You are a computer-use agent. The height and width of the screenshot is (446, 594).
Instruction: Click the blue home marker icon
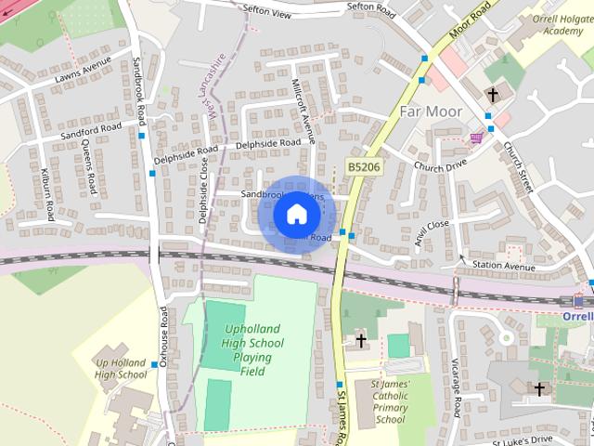[296, 215]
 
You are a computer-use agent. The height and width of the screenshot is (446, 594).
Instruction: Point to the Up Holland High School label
[122, 368]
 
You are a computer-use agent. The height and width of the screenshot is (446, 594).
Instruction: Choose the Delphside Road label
[268, 144]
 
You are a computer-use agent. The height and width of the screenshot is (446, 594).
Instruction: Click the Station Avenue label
[504, 267]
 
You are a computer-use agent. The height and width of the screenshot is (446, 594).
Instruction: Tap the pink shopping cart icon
[476, 138]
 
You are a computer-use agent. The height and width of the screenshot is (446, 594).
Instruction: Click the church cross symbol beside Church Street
[493, 95]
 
